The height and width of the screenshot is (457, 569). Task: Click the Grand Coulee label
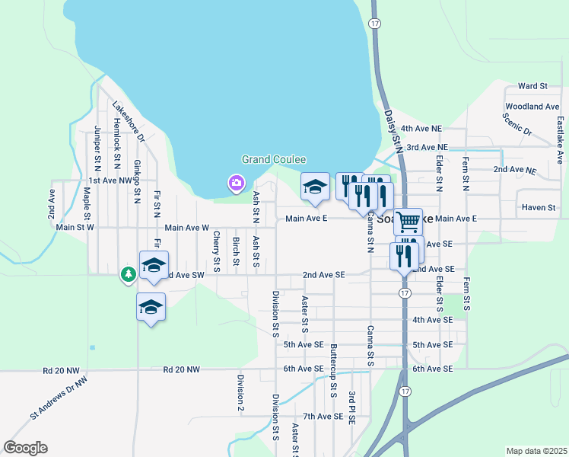coord(274,160)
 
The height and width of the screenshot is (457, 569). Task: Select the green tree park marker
coord(129,273)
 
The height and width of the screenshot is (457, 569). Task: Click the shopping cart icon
coord(408,221)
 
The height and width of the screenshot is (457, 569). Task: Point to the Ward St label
coord(532,87)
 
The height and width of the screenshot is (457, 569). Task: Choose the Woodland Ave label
coord(532,107)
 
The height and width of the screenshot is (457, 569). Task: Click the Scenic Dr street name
coord(517,125)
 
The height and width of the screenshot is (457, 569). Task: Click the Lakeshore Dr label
coord(128,122)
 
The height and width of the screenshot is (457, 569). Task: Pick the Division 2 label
coord(240,393)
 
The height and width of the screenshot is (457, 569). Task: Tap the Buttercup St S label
coord(334,370)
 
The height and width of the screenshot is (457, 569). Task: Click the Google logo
coord(25,448)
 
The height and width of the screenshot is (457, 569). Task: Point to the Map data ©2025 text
coord(536,451)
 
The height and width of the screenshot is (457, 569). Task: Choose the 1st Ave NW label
coord(111,181)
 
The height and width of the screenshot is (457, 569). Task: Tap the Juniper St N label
coord(97,148)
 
